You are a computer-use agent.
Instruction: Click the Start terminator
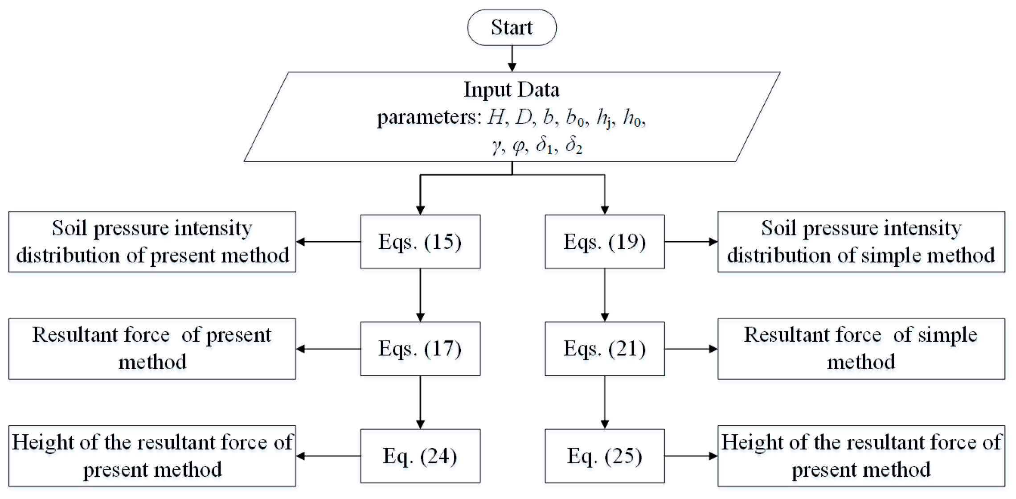(512, 28)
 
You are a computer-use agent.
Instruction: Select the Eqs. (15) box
(420, 242)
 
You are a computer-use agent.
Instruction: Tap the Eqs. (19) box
(604, 242)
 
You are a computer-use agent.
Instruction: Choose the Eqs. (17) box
(420, 349)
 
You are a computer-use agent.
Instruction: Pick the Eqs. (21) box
(604, 349)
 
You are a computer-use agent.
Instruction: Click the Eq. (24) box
(420, 456)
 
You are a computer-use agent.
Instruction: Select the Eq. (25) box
(604, 456)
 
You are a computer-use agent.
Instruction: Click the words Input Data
(512, 90)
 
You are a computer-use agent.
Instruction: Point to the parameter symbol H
(496, 117)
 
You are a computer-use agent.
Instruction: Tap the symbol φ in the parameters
(519, 145)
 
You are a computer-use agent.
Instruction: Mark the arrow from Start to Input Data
(512, 58)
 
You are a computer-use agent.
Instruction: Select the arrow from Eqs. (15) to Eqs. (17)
(420, 295)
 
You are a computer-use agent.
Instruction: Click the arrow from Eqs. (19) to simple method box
(691, 242)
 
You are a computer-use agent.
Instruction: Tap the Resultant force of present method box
(152, 349)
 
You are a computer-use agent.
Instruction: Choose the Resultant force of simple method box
(860, 349)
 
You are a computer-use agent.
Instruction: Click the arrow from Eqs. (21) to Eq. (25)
(605, 402)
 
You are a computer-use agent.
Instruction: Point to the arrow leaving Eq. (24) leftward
(328, 456)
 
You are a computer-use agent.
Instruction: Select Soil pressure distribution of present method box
(152, 242)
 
